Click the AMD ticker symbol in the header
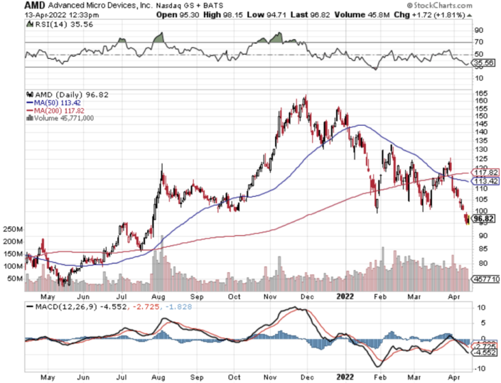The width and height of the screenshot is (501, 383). pyautogui.click(x=16, y=4)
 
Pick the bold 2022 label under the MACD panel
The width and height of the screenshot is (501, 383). pyautogui.click(x=345, y=376)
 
